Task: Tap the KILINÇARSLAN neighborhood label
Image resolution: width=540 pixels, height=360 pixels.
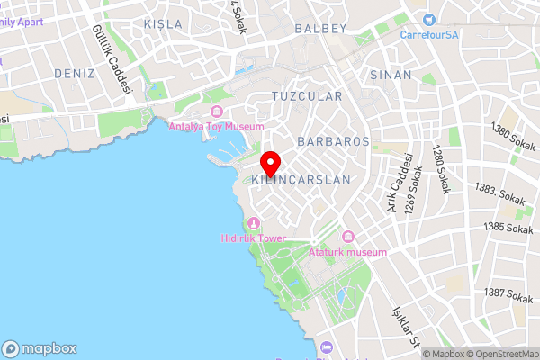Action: point(301,180)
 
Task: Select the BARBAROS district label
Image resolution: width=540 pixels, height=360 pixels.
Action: point(333,141)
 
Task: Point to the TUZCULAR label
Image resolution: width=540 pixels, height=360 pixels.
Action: point(307,95)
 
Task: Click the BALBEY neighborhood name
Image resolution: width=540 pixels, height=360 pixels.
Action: point(320,29)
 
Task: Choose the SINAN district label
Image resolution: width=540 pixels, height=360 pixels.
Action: point(391,76)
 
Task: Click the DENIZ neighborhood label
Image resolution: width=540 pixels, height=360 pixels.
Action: point(74,73)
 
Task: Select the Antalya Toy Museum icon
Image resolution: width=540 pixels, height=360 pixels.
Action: point(216,112)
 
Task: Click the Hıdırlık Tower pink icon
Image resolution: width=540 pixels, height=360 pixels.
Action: point(254,223)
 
